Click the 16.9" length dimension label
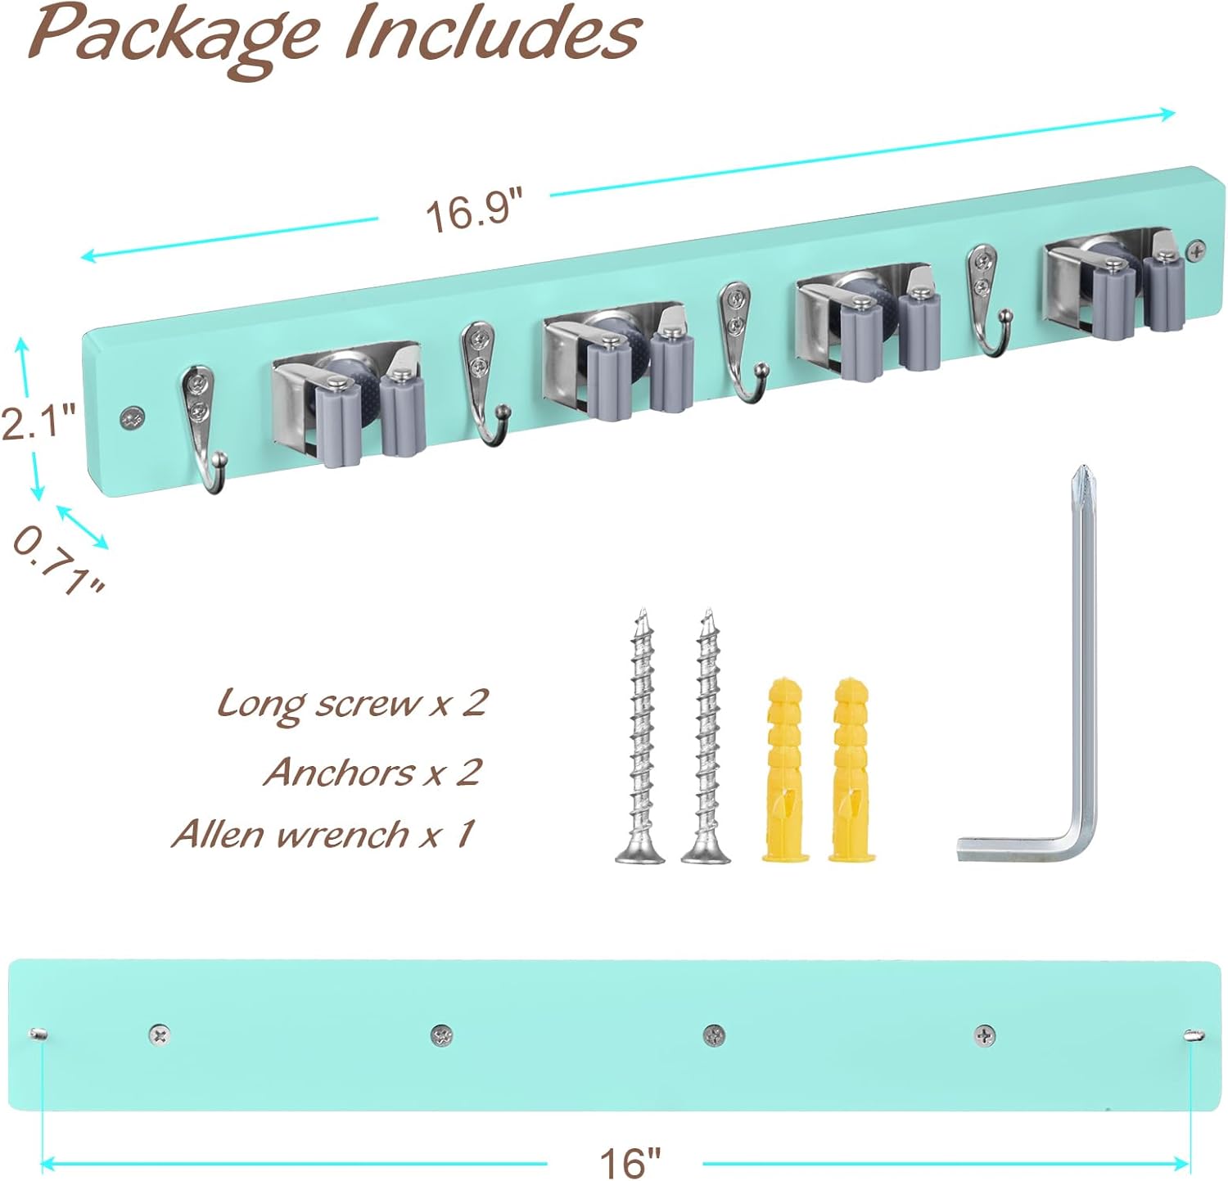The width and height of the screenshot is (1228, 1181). click(x=473, y=210)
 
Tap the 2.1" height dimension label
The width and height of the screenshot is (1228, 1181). click(x=38, y=421)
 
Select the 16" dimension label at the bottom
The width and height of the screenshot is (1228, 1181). click(x=629, y=1161)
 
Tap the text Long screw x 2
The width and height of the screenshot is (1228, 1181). click(x=352, y=703)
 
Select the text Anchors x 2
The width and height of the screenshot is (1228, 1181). click(x=372, y=771)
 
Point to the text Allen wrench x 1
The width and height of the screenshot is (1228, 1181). click(x=323, y=834)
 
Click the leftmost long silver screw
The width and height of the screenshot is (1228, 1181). click(x=641, y=737)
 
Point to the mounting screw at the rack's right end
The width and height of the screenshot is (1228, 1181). click(x=1196, y=250)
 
